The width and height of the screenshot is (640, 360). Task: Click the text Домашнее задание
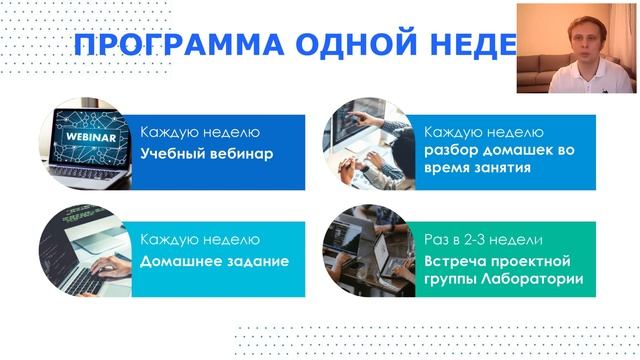click(215, 261)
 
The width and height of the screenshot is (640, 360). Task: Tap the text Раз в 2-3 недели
click(483, 240)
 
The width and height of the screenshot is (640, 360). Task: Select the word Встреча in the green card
click(457, 261)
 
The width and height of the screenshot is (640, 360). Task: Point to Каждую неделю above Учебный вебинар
click(200, 132)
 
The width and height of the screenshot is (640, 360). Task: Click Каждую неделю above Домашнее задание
click(200, 240)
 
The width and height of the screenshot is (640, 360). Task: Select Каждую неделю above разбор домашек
click(484, 132)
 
